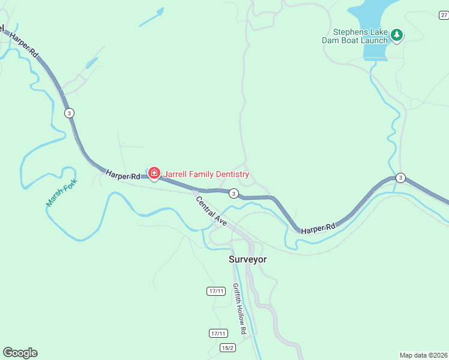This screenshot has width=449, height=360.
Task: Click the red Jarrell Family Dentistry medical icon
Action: coord(154,174)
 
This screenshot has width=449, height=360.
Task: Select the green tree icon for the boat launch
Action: coord(396,35)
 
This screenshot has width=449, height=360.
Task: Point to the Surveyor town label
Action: coord(247,259)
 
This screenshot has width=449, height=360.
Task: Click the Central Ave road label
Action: coord(211,211)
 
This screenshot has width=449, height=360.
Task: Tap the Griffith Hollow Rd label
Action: coord(240,308)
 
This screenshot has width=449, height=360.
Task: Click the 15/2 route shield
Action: coord(228,347)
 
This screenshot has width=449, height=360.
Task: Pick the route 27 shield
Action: coord(443,15)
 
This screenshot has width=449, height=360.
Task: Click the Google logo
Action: coord(20,353)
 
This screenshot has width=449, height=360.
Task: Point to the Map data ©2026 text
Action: coord(423,355)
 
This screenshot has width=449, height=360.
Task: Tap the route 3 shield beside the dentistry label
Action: coord(234,193)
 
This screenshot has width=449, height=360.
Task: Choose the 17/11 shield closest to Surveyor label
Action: coord(215,291)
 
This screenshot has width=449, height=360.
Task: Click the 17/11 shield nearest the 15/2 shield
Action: coord(218,333)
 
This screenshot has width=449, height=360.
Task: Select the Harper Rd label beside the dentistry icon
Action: coord(122,175)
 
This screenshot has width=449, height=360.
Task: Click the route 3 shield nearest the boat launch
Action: coord(400,178)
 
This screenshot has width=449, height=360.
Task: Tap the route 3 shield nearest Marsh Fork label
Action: coord(70,113)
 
